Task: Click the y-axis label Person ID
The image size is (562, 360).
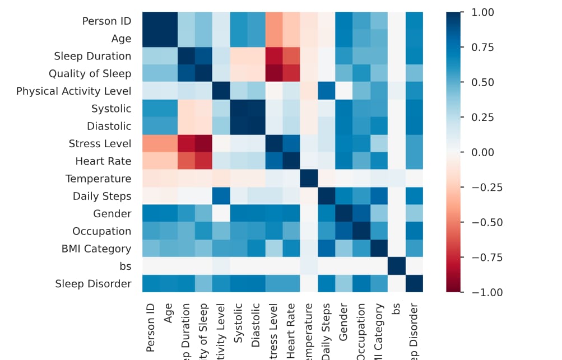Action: point(106,21)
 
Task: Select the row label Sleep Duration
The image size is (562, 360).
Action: point(92,56)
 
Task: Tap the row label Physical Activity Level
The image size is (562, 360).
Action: point(73,91)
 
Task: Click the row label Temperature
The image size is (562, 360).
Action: point(98,179)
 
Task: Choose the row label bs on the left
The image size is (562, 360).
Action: point(125,267)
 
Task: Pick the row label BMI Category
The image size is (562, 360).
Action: point(96,249)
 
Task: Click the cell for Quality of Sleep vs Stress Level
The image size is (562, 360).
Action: point(273,73)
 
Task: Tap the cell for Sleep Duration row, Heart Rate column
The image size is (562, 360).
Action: point(291,56)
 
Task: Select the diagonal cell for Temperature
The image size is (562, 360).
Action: point(309,179)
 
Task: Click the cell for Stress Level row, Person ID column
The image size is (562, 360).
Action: point(151,144)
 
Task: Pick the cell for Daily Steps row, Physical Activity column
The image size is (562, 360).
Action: point(221,196)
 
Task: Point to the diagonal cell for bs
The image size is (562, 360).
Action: point(396,267)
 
